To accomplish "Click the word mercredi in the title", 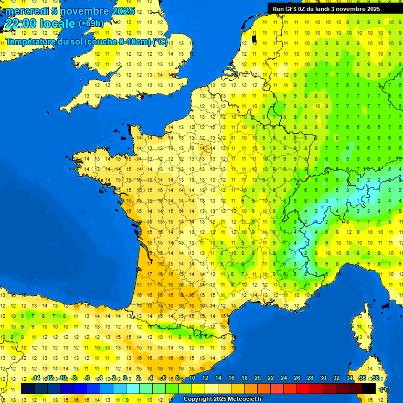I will click(27, 11).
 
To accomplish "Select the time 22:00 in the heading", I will click(20, 24).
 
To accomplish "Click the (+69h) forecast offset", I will click(91, 24).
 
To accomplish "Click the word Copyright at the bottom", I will click(198, 399).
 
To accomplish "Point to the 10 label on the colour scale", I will click(192, 378).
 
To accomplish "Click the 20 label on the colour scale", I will click(257, 378).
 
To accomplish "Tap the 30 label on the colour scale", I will click(323, 378).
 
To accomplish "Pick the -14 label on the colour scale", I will click(36, 378).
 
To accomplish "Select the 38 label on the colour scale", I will click(375, 378).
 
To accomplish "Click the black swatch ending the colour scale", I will click(369, 388).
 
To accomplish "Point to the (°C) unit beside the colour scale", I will click(385, 389).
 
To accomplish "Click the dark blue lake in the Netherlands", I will click(253, 38).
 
